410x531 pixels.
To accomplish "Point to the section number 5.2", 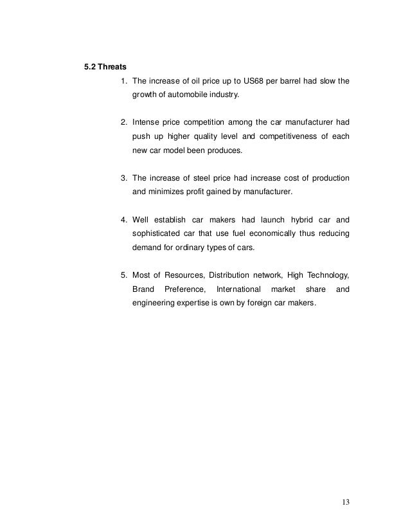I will point(91,66).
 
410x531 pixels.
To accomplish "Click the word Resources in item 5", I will point(190,275).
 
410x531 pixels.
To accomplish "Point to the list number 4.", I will point(124,217).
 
